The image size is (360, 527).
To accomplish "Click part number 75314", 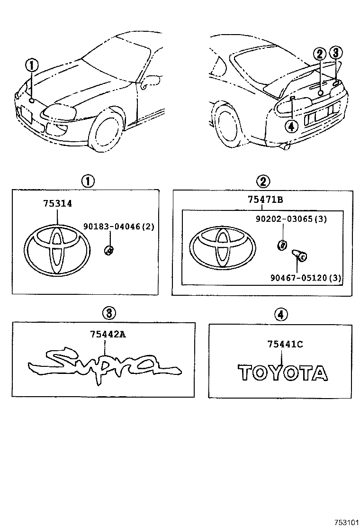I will point(57,203).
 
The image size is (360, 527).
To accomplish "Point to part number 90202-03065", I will point(305,218).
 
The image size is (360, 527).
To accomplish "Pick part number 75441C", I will point(284,345).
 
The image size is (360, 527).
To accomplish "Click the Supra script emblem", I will point(104,365).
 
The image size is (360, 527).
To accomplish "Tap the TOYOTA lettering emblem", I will point(282,373).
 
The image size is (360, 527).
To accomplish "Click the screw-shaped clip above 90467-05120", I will point(298,256).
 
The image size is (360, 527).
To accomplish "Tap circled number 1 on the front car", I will point(32,65).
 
